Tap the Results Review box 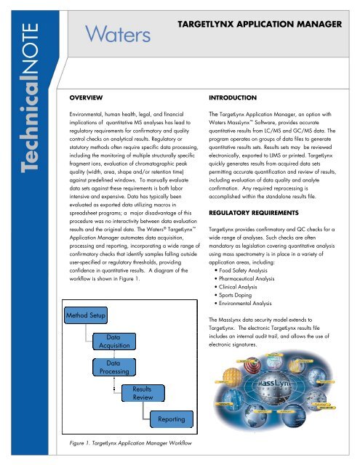142,393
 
